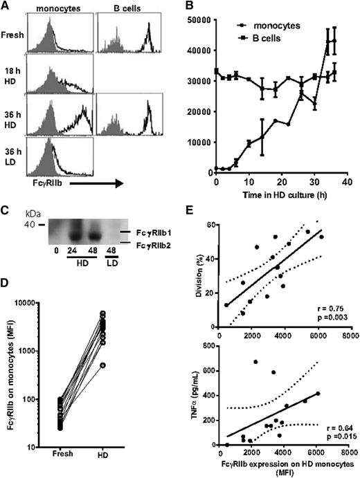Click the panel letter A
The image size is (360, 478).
click(x=6, y=7)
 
